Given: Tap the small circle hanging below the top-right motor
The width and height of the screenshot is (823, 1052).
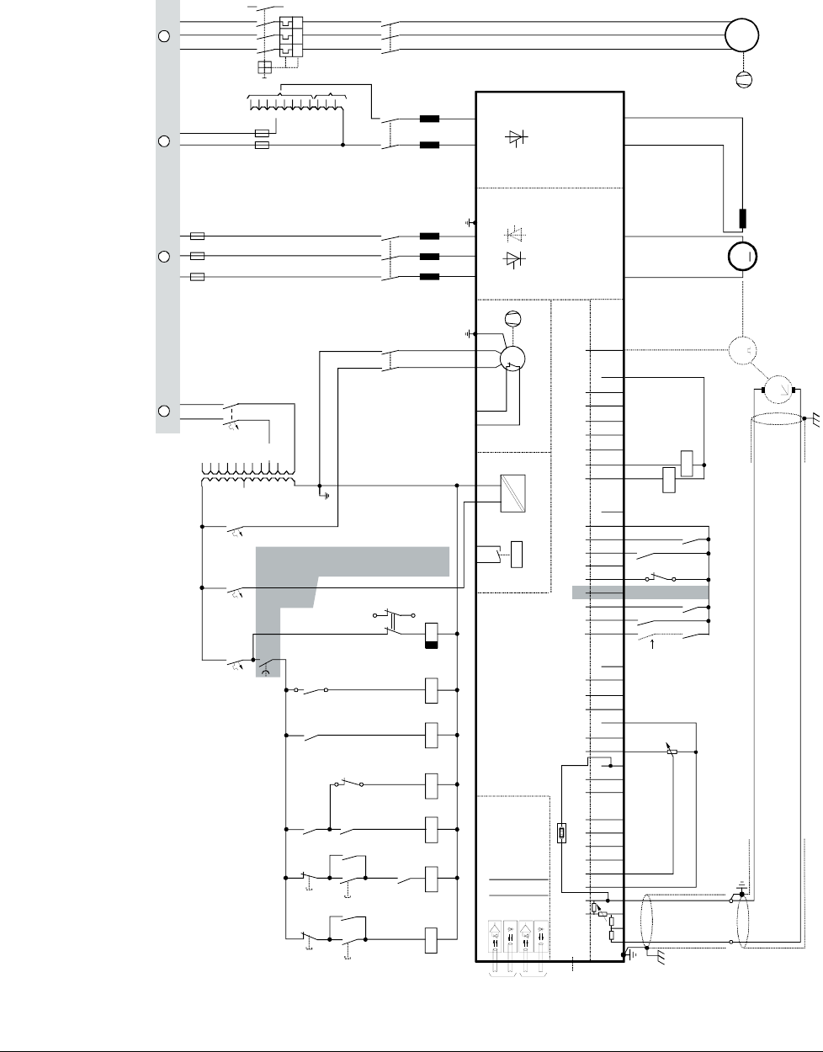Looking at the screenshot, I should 743,80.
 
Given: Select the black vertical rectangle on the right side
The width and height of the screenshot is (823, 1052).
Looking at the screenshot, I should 743,218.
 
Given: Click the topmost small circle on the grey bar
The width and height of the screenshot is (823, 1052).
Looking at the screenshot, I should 165,36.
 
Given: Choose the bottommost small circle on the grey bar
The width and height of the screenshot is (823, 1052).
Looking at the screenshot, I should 165,411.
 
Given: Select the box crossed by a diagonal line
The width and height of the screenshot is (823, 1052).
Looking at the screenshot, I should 512,493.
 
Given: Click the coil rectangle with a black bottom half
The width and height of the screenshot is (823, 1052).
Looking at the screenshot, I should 432,635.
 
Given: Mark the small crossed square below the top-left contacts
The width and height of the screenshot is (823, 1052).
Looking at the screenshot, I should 264,67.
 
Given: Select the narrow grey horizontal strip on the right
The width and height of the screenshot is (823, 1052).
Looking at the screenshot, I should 640,592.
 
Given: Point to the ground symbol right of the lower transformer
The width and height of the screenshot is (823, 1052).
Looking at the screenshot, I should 325,495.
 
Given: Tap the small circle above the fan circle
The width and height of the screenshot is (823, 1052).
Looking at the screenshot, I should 510,317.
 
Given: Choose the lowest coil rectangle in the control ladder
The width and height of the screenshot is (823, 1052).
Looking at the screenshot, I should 432,940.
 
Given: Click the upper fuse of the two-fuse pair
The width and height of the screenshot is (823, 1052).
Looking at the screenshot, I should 262,133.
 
